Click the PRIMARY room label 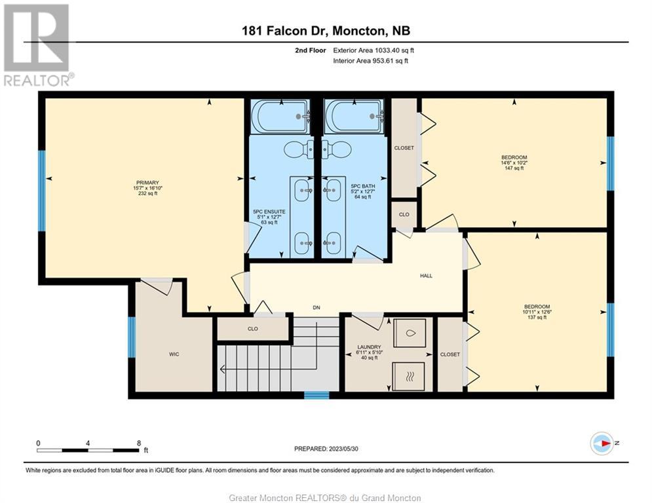[147, 183]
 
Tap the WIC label [174, 354]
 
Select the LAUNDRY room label [369, 347]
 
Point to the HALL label [426, 276]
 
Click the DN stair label [316, 308]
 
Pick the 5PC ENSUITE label [269, 212]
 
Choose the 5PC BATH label [363, 186]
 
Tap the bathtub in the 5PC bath [355, 117]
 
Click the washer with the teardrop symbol [410, 333]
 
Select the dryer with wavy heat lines [410, 377]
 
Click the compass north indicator [602, 443]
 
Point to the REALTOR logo [39, 45]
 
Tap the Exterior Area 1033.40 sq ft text [374, 50]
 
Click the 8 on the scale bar [139, 443]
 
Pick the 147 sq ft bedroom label [514, 168]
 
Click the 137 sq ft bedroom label [537, 317]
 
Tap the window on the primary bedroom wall [41, 191]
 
